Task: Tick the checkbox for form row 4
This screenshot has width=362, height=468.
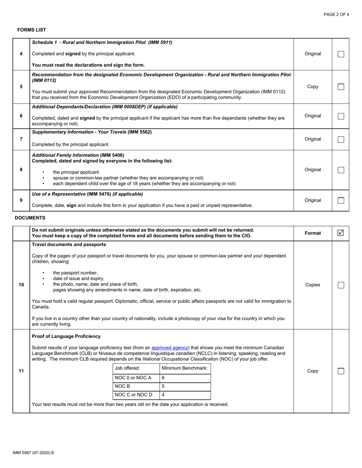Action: coord(341,54)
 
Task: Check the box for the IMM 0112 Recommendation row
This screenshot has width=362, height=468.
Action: coord(341,87)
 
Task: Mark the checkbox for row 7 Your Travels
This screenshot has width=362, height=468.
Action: coord(341,139)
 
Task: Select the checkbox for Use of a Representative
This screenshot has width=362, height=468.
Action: coord(341,200)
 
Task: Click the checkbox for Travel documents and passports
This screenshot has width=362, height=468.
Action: coord(341,285)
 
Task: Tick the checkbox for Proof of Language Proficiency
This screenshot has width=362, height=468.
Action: coord(341,371)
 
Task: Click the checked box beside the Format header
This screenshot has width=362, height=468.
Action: coord(341,233)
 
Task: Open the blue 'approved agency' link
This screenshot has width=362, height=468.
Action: coord(170,347)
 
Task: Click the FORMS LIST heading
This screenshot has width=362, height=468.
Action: coord(32,30)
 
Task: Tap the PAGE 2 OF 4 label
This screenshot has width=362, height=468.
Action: coord(336,14)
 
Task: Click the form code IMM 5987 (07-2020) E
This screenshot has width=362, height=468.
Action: coord(34,453)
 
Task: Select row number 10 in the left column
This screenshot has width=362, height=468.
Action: coord(21,285)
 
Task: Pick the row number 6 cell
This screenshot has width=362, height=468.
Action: coord(21,116)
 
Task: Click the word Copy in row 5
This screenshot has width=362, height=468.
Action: coord(312,87)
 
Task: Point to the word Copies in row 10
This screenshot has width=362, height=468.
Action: coord(312,285)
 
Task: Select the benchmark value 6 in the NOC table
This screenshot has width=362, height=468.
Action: coord(163,378)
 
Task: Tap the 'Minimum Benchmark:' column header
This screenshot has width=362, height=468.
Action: coord(185,368)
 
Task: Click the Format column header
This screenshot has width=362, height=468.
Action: coord(312,233)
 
